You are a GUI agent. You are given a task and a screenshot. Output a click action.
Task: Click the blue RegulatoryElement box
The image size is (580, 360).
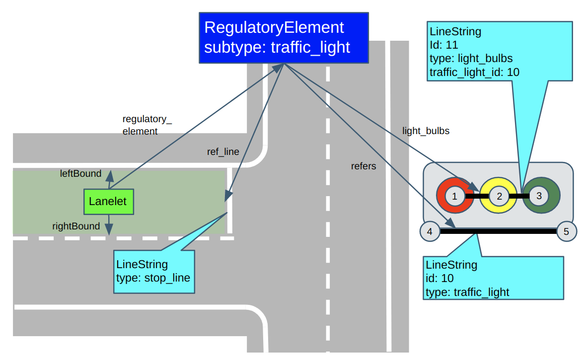pyautogui.click(x=284, y=38)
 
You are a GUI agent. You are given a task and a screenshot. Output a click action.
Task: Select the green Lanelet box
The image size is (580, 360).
pyautogui.click(x=108, y=202)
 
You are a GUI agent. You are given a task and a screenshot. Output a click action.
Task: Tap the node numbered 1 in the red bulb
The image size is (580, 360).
pyautogui.click(x=454, y=196)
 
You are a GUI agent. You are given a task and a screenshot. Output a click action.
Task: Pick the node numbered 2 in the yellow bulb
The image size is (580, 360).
pyautogui.click(x=499, y=196)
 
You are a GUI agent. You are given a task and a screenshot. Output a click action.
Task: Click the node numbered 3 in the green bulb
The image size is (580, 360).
pyautogui.click(x=539, y=196)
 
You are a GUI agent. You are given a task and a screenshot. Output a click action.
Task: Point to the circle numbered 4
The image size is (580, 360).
pyautogui.click(x=430, y=231)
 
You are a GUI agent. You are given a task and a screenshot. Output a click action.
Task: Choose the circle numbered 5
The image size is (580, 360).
pyautogui.click(x=567, y=231)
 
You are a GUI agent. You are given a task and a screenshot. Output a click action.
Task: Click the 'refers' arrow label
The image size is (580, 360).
pyautogui.click(x=363, y=166)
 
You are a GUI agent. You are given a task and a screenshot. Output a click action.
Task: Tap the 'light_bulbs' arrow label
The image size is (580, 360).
pyautogui.click(x=426, y=131)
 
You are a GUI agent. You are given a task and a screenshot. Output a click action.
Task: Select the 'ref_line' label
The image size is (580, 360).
pyautogui.click(x=223, y=152)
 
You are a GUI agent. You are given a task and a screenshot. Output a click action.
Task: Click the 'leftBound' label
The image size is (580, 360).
pyautogui.click(x=80, y=174)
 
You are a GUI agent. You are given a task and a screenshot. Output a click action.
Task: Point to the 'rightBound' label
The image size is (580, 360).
pyautogui.click(x=76, y=226)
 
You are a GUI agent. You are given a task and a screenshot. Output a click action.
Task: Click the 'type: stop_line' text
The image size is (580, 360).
pyautogui.click(x=153, y=278)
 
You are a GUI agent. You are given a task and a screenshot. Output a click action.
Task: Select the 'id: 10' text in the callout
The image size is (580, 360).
pyautogui.click(x=439, y=278)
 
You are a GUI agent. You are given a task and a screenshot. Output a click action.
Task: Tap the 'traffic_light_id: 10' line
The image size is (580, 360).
pyautogui.click(x=474, y=72)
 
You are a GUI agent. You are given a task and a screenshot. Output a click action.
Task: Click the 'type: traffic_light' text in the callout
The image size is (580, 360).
pyautogui.click(x=467, y=292)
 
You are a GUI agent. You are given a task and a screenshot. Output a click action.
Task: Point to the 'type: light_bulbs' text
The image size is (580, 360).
pyautogui.click(x=471, y=59)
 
